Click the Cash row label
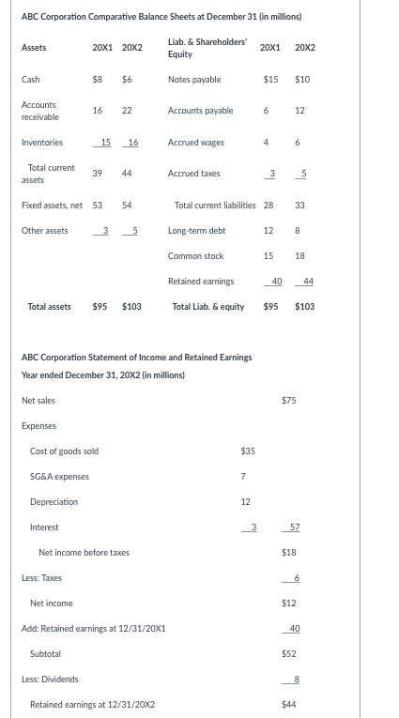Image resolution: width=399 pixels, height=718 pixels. coord(30,80)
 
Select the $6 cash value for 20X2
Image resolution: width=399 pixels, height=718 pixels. coord(127,80)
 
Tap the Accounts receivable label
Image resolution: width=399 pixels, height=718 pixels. coord(38,111)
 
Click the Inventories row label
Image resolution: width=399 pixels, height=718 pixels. coord(41,143)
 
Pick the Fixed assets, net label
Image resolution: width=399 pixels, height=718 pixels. coord(52,205)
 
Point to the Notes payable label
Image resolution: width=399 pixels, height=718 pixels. coord(194,80)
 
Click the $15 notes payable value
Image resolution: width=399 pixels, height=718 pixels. coord(270,80)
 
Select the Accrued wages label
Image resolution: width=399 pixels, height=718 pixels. coord(195,143)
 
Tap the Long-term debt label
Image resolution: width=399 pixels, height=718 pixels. coord(196,230)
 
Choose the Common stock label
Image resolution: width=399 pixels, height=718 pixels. coord(195,255)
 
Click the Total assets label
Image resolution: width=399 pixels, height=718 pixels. coord(50,306)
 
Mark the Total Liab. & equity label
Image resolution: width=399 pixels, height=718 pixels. coord(208,306)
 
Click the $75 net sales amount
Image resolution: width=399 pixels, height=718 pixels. coord(289,401)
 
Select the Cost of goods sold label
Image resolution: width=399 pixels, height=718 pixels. coord(64,451)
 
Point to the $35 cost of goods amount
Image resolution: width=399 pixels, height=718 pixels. coord(248,451)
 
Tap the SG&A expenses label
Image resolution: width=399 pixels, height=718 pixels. coord(59,477)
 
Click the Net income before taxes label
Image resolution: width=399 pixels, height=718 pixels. coord(84,553)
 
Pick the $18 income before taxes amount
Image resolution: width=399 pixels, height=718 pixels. coord(289,553)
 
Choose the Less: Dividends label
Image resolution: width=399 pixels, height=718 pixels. coord(50,680)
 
